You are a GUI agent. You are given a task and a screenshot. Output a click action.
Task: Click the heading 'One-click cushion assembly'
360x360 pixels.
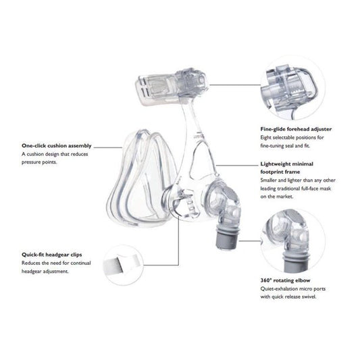coord(57,146)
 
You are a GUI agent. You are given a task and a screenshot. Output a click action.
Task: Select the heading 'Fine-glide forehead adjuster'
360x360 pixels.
coord(296,129)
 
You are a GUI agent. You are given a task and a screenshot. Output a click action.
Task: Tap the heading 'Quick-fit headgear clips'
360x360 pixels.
coord(51,255)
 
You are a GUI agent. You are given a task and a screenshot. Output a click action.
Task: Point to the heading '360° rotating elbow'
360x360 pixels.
coord(285,280)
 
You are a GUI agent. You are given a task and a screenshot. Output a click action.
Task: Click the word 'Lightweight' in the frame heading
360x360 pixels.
coord(276,164)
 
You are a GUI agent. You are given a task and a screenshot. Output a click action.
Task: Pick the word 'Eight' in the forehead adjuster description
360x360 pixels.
coord(266,138)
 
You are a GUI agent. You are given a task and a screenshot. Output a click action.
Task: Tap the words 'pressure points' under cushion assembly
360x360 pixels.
coord(39,162)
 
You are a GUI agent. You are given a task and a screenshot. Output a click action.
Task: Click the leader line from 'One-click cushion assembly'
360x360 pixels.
coord(108,147)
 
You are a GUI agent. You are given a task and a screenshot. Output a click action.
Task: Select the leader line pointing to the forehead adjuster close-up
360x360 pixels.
coord(235,84)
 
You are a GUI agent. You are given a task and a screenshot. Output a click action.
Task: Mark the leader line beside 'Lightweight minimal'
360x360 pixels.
coord(237,165)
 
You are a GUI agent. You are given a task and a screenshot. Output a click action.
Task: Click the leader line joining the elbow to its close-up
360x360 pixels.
coord(250,241)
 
